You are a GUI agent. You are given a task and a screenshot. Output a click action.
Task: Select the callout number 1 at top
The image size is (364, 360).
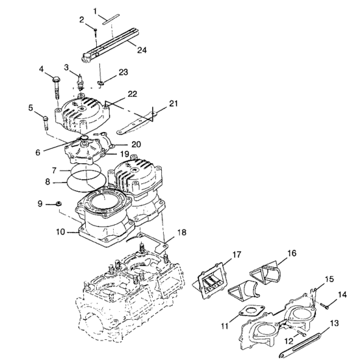click(95, 11)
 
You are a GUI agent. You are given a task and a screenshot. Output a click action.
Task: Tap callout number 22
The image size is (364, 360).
click(132, 94)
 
